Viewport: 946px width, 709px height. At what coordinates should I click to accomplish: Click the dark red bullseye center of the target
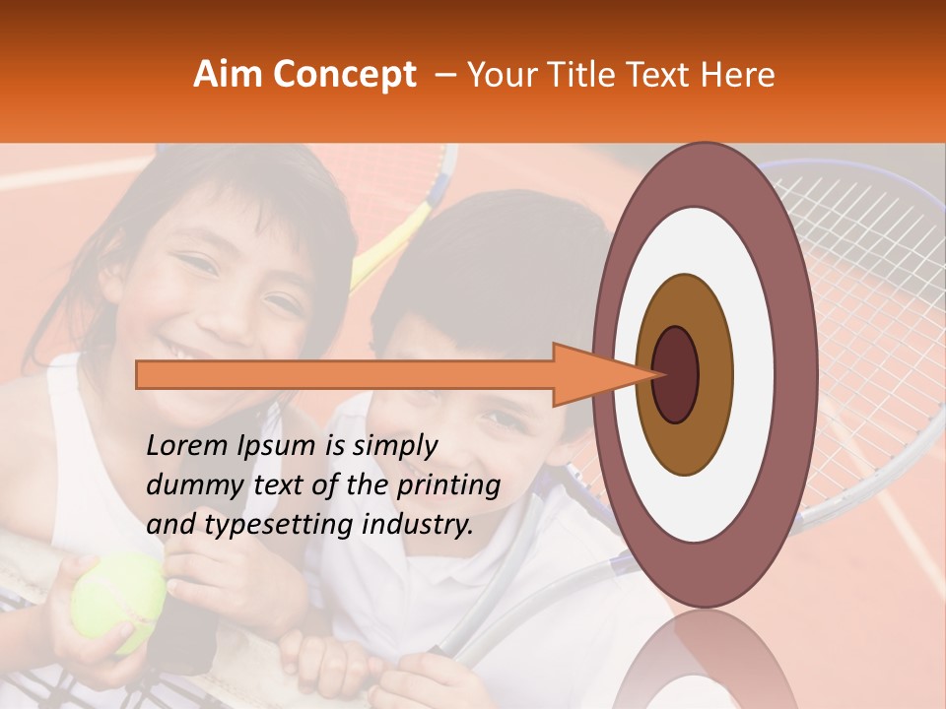675,374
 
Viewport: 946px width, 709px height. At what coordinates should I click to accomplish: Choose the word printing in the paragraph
448,486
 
